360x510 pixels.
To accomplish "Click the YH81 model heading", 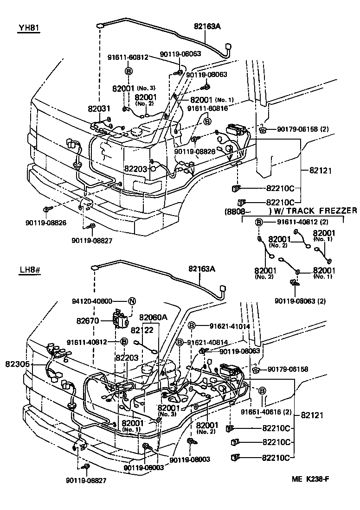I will coord(29,28).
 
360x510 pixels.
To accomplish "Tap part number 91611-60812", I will coord(128,57).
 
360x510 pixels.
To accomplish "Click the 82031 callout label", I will coord(99,109).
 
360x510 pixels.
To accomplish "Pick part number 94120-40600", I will coord(106,301).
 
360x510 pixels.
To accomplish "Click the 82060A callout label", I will coord(153,317).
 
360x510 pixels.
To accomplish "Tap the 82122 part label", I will coord(142,330).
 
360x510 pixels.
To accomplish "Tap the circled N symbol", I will coord(132,301).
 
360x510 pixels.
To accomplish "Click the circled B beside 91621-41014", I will coord(191,326).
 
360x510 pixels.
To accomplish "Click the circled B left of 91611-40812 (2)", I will coord(259,223).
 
